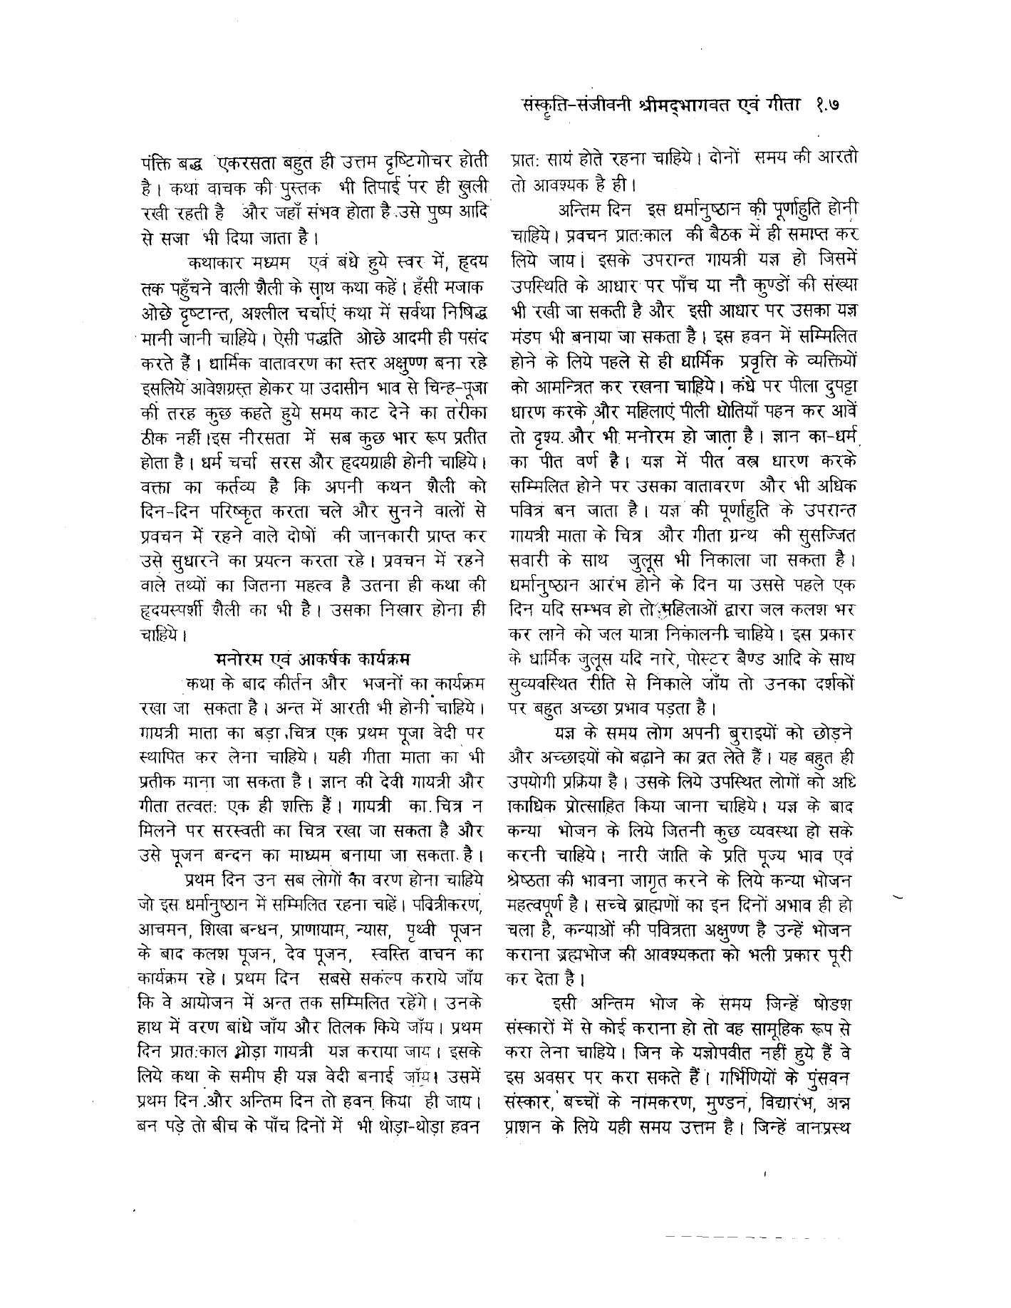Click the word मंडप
tap(530, 333)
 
